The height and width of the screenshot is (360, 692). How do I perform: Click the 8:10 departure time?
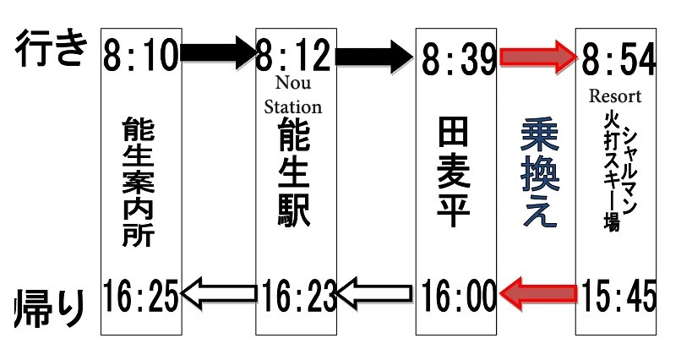coord(141,57)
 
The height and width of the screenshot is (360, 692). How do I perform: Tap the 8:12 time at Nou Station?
coord(295,57)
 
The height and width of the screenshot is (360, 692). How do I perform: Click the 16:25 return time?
coord(141,294)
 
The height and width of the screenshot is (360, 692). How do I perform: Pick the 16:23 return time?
coord(296,294)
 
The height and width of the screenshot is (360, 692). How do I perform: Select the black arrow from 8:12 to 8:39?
coord(374,56)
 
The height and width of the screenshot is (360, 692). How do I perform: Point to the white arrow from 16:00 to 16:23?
coord(375,293)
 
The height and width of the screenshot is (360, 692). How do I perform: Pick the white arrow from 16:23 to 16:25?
coord(218,293)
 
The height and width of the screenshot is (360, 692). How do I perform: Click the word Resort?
coord(615,95)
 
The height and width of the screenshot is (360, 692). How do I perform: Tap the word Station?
coord(293,107)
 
